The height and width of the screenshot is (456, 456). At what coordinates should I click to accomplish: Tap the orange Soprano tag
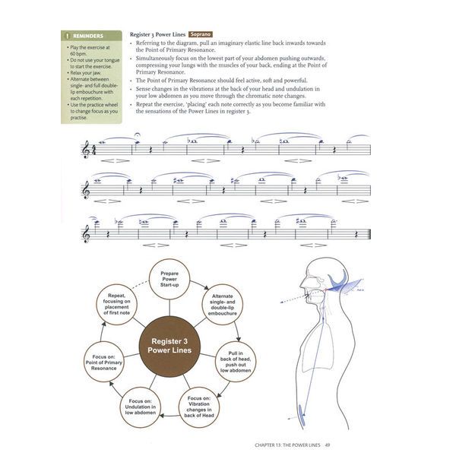[196, 33]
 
